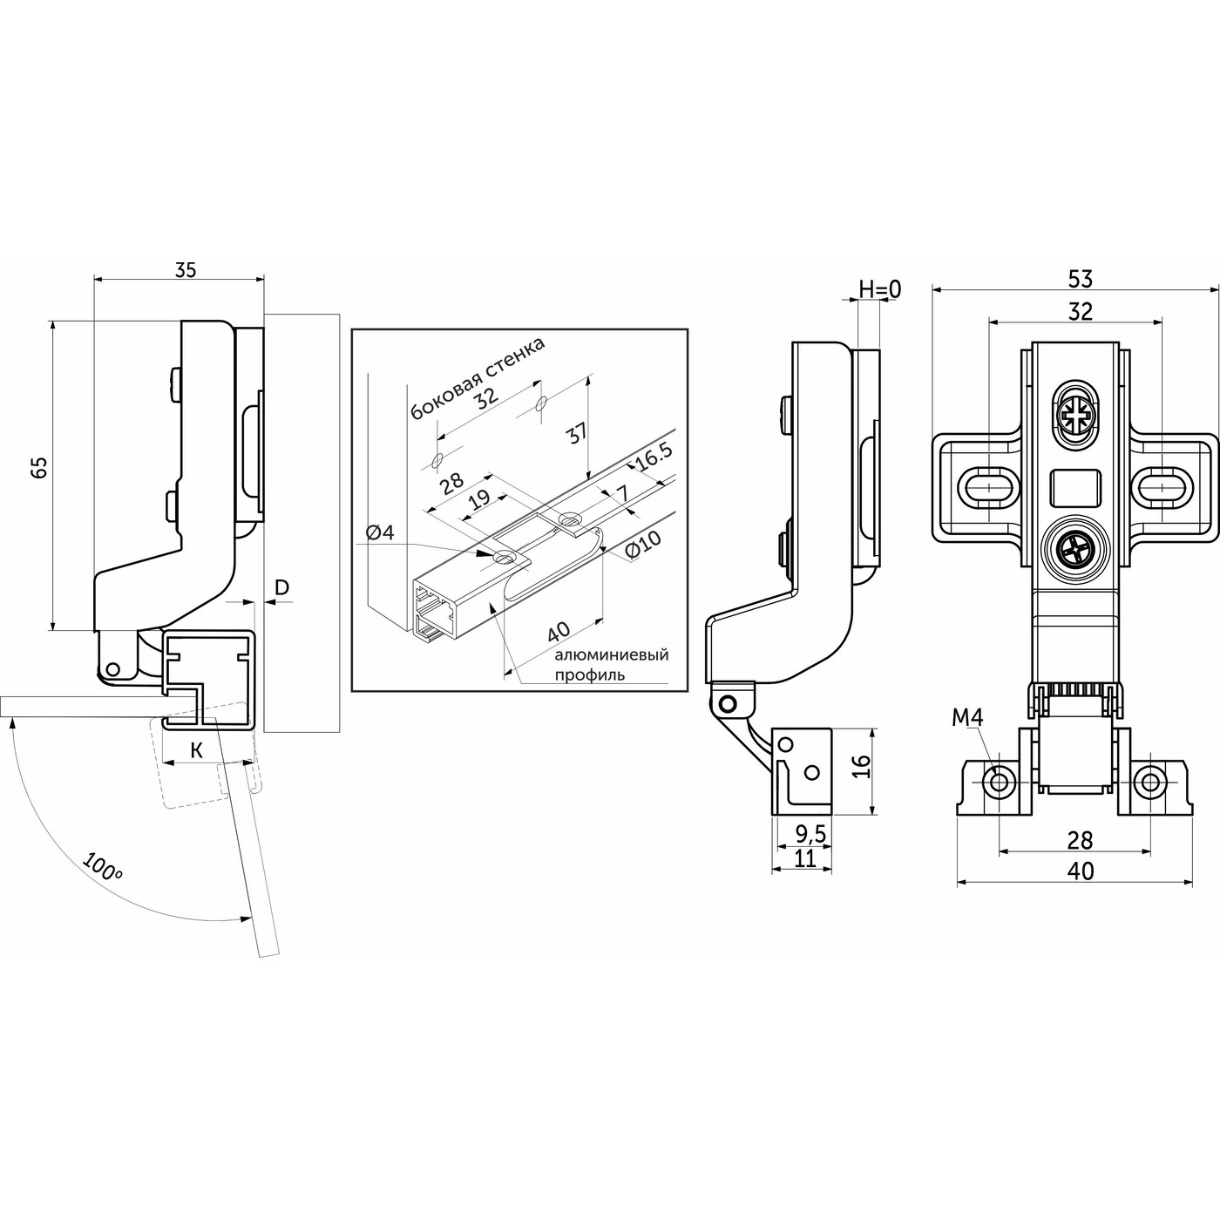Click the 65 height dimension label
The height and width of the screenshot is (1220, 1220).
click(40, 468)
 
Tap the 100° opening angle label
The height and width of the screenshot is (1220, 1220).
click(102, 868)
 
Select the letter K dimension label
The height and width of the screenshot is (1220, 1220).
click(197, 751)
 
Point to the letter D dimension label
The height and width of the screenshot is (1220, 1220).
click(281, 587)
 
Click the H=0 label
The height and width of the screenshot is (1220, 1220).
click(879, 289)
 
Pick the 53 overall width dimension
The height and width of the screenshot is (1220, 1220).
click(1080, 278)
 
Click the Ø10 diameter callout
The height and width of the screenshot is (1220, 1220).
click(643, 546)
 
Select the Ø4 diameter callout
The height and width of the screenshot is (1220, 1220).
click(380, 532)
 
